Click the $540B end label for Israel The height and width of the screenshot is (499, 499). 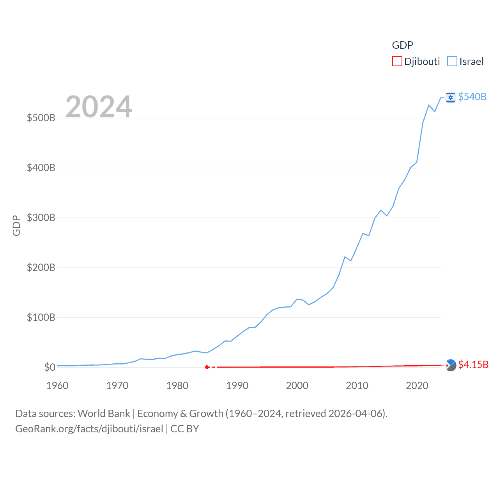coord(472,97)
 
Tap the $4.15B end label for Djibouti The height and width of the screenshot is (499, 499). coord(473,365)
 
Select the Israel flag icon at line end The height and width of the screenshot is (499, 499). coord(451,97)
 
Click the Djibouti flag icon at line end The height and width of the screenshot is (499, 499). coord(451,365)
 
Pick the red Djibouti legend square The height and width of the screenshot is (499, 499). coord(397,62)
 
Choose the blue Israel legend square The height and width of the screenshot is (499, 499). coord(452,62)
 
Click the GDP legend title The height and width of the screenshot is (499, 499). coord(402,45)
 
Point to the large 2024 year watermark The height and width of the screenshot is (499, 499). coord(99,106)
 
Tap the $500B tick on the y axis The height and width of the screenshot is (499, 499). coord(41,118)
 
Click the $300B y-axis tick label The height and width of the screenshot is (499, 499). coord(41,218)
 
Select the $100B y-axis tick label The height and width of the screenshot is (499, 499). coord(41,317)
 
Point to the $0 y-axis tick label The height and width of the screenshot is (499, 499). coord(50,367)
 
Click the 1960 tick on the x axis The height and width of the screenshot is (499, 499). coord(57,386)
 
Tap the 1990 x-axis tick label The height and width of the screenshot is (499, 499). coord(237,386)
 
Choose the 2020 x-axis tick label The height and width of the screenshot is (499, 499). coord(417,386)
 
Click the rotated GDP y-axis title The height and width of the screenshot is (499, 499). coord(16,225)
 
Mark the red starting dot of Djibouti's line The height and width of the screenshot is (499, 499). coord(207,367)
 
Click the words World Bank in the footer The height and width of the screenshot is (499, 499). coord(104,413)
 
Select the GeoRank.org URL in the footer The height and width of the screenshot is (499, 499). coord(89,429)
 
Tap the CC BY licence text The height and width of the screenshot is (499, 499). coord(185,429)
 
